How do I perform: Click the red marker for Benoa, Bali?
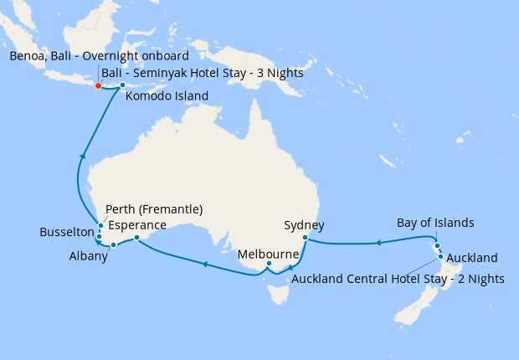click(x=98, y=85)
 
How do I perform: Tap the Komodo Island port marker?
click(x=122, y=85)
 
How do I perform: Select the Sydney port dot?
click(x=306, y=238)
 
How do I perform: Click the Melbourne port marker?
click(x=269, y=265)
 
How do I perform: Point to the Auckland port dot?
click(x=440, y=256)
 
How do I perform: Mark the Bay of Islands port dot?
click(x=437, y=245)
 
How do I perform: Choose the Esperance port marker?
click(x=137, y=238)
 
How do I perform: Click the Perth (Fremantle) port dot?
click(x=100, y=225)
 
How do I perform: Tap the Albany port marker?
click(x=114, y=245)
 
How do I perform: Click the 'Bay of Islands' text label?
click(x=435, y=223)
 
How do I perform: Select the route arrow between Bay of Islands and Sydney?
click(x=378, y=243)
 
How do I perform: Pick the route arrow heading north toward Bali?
click(x=82, y=155)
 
